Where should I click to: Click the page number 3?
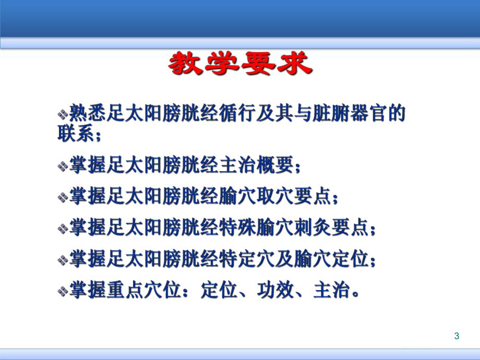tap(457, 336)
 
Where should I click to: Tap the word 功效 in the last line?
tap(272, 290)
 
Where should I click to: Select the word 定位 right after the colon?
tap(215, 290)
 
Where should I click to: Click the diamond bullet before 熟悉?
tap(63, 114)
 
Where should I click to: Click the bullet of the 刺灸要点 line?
tap(63, 228)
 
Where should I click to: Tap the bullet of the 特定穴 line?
tap(63, 259)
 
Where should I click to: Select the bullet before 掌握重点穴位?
tap(63, 291)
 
